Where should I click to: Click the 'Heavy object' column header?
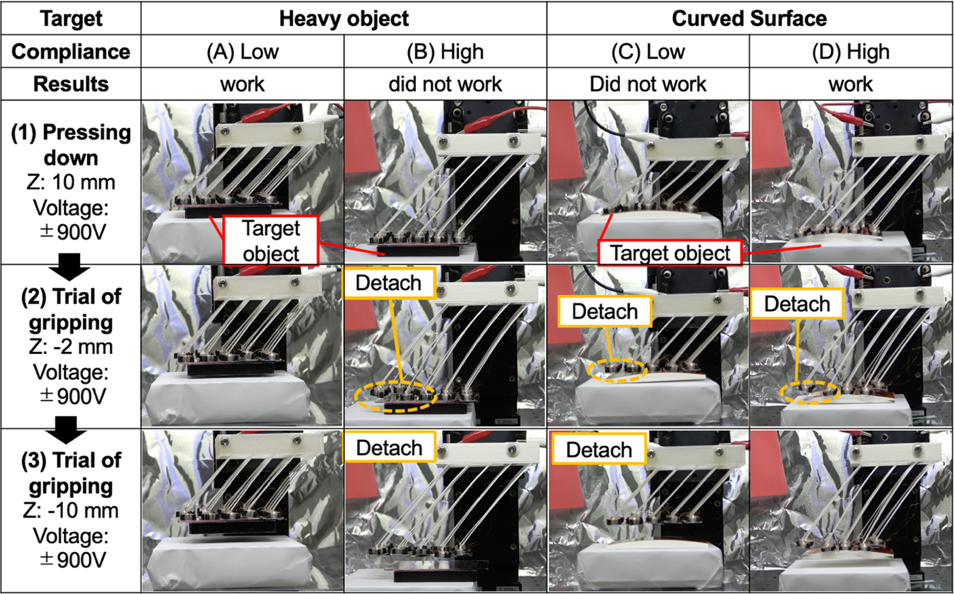coord(344,18)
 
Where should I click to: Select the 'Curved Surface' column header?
coord(749,18)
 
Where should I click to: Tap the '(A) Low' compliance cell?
coord(242,52)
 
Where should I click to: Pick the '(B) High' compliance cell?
coord(445,52)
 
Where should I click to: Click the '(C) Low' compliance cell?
coord(648,52)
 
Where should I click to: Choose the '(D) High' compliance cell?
coord(851,52)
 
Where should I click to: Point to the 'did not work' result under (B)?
coord(445,84)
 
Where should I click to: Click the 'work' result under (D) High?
coord(851,84)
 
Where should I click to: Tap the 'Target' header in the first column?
coord(71,18)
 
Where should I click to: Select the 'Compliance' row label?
coord(71,52)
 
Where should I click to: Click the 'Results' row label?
coord(71,84)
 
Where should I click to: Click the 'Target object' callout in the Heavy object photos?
coord(271,241)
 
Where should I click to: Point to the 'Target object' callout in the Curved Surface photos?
coord(670,253)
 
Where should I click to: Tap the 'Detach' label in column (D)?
coord(797,304)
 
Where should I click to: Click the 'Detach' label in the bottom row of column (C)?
coord(599,449)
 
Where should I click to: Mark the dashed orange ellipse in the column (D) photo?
coord(809,392)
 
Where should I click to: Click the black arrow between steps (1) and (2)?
coord(69,266)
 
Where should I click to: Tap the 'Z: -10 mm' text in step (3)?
coord(71,510)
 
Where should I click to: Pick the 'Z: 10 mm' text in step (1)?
coord(71,182)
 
